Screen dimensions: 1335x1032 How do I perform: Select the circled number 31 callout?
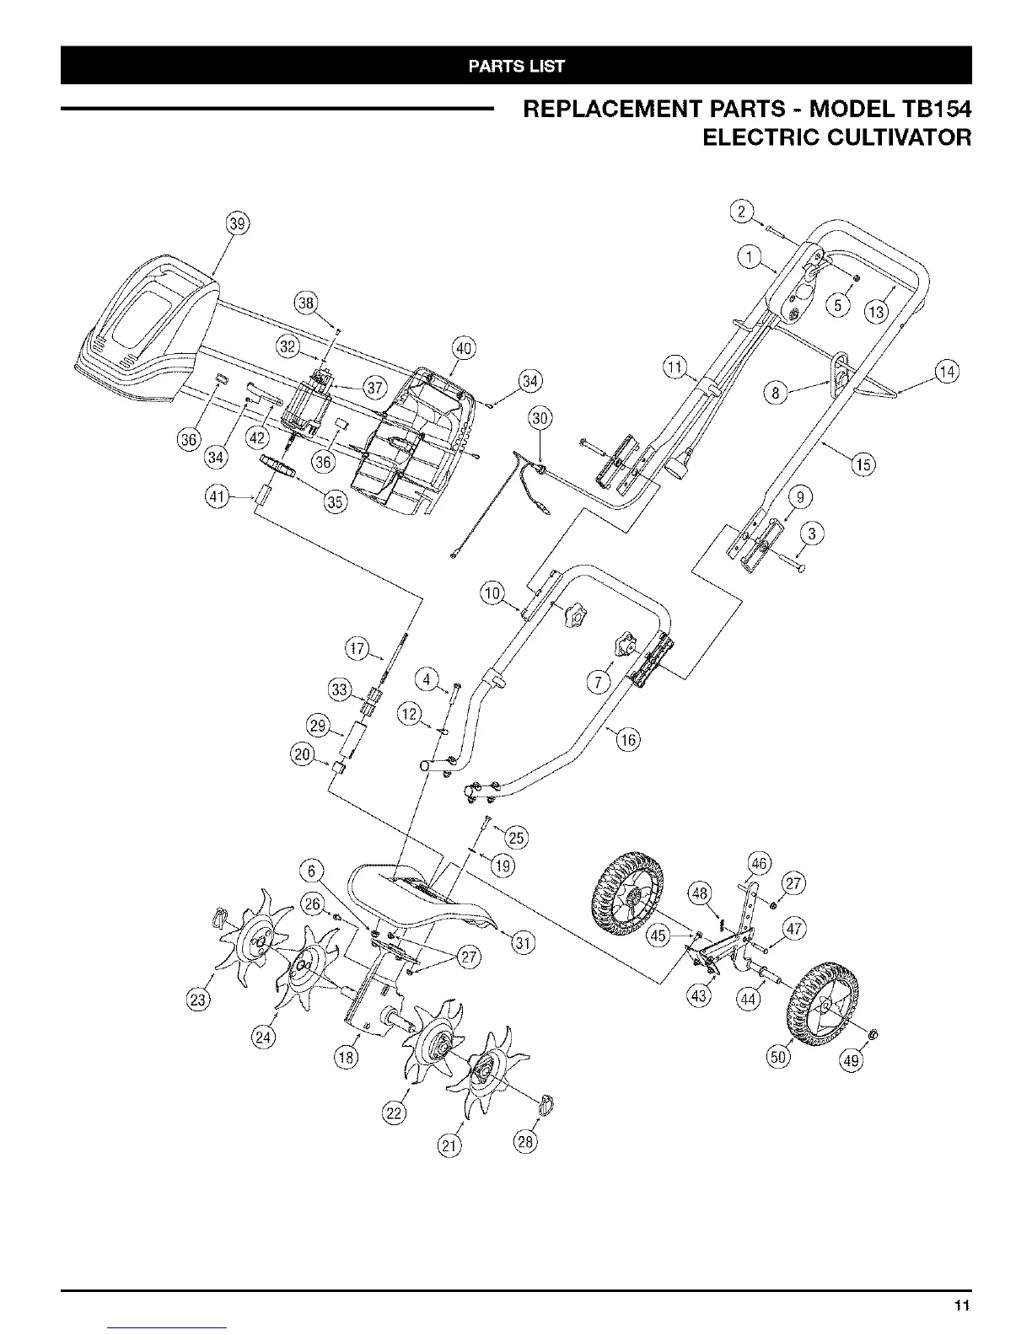click(x=523, y=942)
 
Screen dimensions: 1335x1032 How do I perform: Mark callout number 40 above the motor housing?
click(x=464, y=347)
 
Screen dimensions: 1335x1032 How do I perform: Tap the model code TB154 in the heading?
click(x=927, y=110)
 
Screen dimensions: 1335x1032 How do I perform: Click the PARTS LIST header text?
click(x=517, y=66)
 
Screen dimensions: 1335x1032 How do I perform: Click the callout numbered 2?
click(x=740, y=212)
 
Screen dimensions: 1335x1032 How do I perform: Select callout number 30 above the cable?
click(x=539, y=419)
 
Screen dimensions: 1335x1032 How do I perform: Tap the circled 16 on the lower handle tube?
click(x=628, y=740)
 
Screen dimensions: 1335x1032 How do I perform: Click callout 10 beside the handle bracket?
click(x=492, y=592)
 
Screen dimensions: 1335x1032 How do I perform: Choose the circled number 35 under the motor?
click(x=336, y=502)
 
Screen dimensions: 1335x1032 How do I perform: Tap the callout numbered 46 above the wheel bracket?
click(x=760, y=863)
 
